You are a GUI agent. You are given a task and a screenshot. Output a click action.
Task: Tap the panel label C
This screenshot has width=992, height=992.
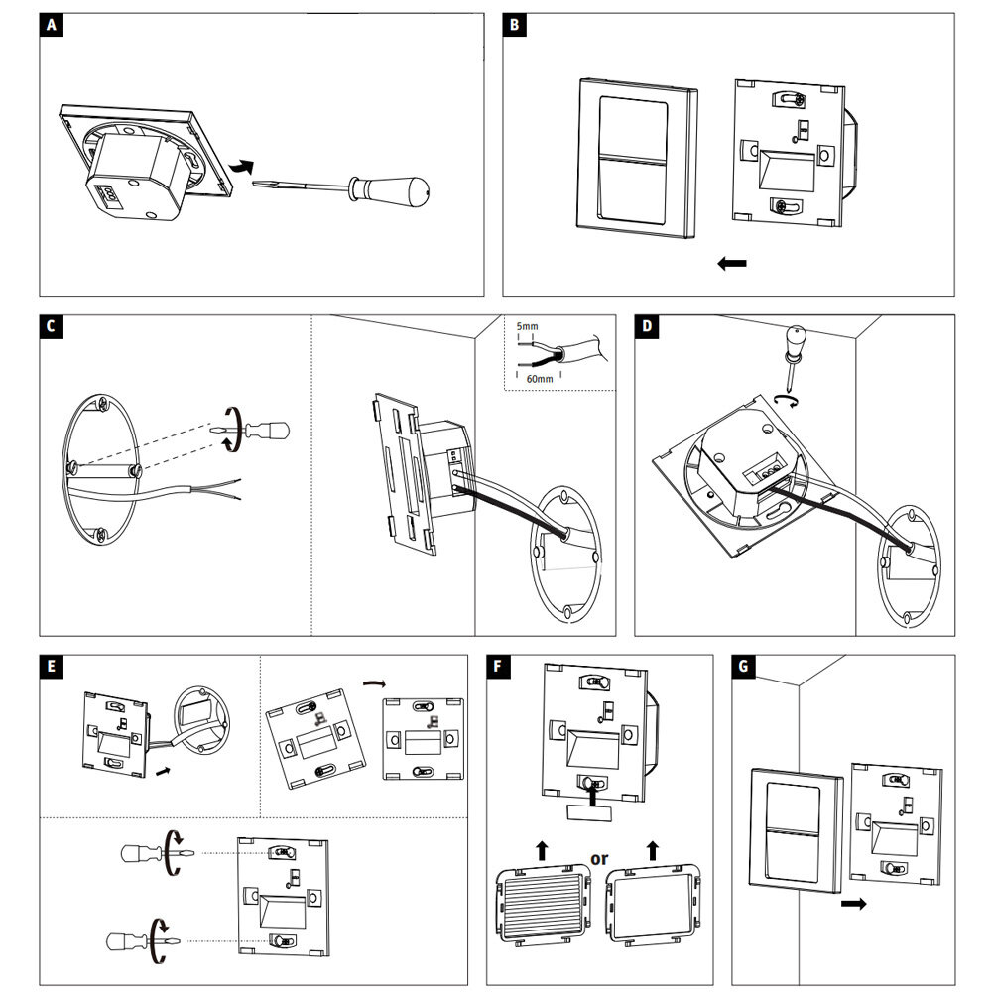[52, 328]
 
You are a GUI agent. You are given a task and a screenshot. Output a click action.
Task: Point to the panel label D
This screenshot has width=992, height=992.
[647, 328]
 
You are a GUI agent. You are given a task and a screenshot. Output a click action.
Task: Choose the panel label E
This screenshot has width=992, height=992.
[52, 667]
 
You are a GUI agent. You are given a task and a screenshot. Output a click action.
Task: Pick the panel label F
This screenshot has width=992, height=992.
[501, 667]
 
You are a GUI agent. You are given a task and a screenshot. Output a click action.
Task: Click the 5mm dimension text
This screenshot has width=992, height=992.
[528, 326]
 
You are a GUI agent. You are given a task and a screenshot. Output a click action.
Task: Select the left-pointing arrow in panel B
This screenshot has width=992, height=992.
[731, 263]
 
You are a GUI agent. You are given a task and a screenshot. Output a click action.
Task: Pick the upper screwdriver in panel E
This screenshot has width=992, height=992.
[144, 852]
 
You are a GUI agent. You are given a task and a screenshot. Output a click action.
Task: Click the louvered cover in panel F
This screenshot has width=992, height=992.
[542, 902]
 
